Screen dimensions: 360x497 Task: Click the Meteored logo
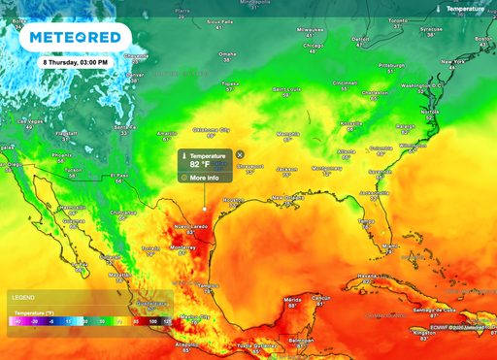[76, 38]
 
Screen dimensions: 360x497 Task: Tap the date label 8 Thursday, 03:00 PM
[76, 61]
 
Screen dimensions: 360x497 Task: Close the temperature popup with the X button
[240, 154]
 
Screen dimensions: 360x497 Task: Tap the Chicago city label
[313, 45]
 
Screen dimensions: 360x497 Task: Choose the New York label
[454, 61]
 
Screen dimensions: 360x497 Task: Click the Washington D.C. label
[421, 85]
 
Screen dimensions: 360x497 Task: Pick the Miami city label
[389, 245]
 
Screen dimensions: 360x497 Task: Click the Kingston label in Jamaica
[421, 331]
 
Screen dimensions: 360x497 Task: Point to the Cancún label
[323, 296]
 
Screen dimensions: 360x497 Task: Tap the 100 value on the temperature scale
[152, 319]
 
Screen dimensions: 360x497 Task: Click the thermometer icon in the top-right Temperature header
[440, 9]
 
